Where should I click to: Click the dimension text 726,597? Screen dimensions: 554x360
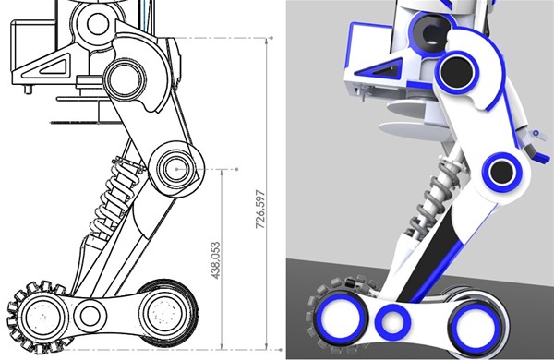[x=260, y=209]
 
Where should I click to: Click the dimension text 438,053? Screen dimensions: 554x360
[x=215, y=260]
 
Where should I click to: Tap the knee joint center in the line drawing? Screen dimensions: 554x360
[x=175, y=169]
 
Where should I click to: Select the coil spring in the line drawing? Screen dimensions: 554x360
[x=114, y=198]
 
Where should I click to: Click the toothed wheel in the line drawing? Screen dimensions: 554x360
[x=40, y=317]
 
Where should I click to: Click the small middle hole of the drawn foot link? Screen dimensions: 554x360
[x=90, y=316]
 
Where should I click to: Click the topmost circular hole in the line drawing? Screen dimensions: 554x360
[x=98, y=24]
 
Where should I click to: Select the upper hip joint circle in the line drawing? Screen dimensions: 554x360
[x=125, y=79]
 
